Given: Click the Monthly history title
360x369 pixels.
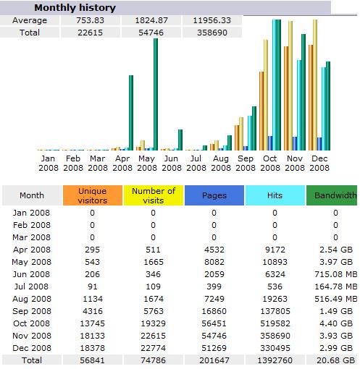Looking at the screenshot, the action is [75, 8].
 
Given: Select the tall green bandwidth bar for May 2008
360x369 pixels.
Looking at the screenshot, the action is [156, 94].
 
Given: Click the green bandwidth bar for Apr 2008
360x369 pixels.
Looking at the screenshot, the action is [131, 113].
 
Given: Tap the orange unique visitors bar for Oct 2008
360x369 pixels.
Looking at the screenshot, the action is [261, 111].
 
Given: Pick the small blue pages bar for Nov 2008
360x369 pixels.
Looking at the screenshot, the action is [295, 143].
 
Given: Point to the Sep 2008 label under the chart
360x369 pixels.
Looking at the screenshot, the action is [246, 163].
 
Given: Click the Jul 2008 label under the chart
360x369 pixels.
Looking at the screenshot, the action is [196, 163].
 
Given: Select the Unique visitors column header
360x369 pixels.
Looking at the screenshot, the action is [93, 195].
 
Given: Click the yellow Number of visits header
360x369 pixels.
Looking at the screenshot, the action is [154, 195].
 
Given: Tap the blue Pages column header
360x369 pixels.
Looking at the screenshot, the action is [214, 195].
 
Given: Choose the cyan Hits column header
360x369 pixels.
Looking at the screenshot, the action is [275, 195].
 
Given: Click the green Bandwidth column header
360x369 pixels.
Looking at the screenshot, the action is [332, 195].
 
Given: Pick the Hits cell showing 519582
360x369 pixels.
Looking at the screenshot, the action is [275, 323].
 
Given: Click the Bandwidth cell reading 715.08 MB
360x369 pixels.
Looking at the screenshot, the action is [336, 274].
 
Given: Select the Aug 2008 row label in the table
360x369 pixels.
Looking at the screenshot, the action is [32, 299].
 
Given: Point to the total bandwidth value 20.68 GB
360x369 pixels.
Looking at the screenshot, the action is [336, 360].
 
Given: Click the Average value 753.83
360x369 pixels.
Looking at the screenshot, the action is [90, 20].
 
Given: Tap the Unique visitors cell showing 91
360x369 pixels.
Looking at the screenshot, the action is [93, 287].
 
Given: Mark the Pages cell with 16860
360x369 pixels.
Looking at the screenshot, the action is [214, 311].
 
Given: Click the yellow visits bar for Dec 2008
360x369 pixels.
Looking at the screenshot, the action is [315, 85].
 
